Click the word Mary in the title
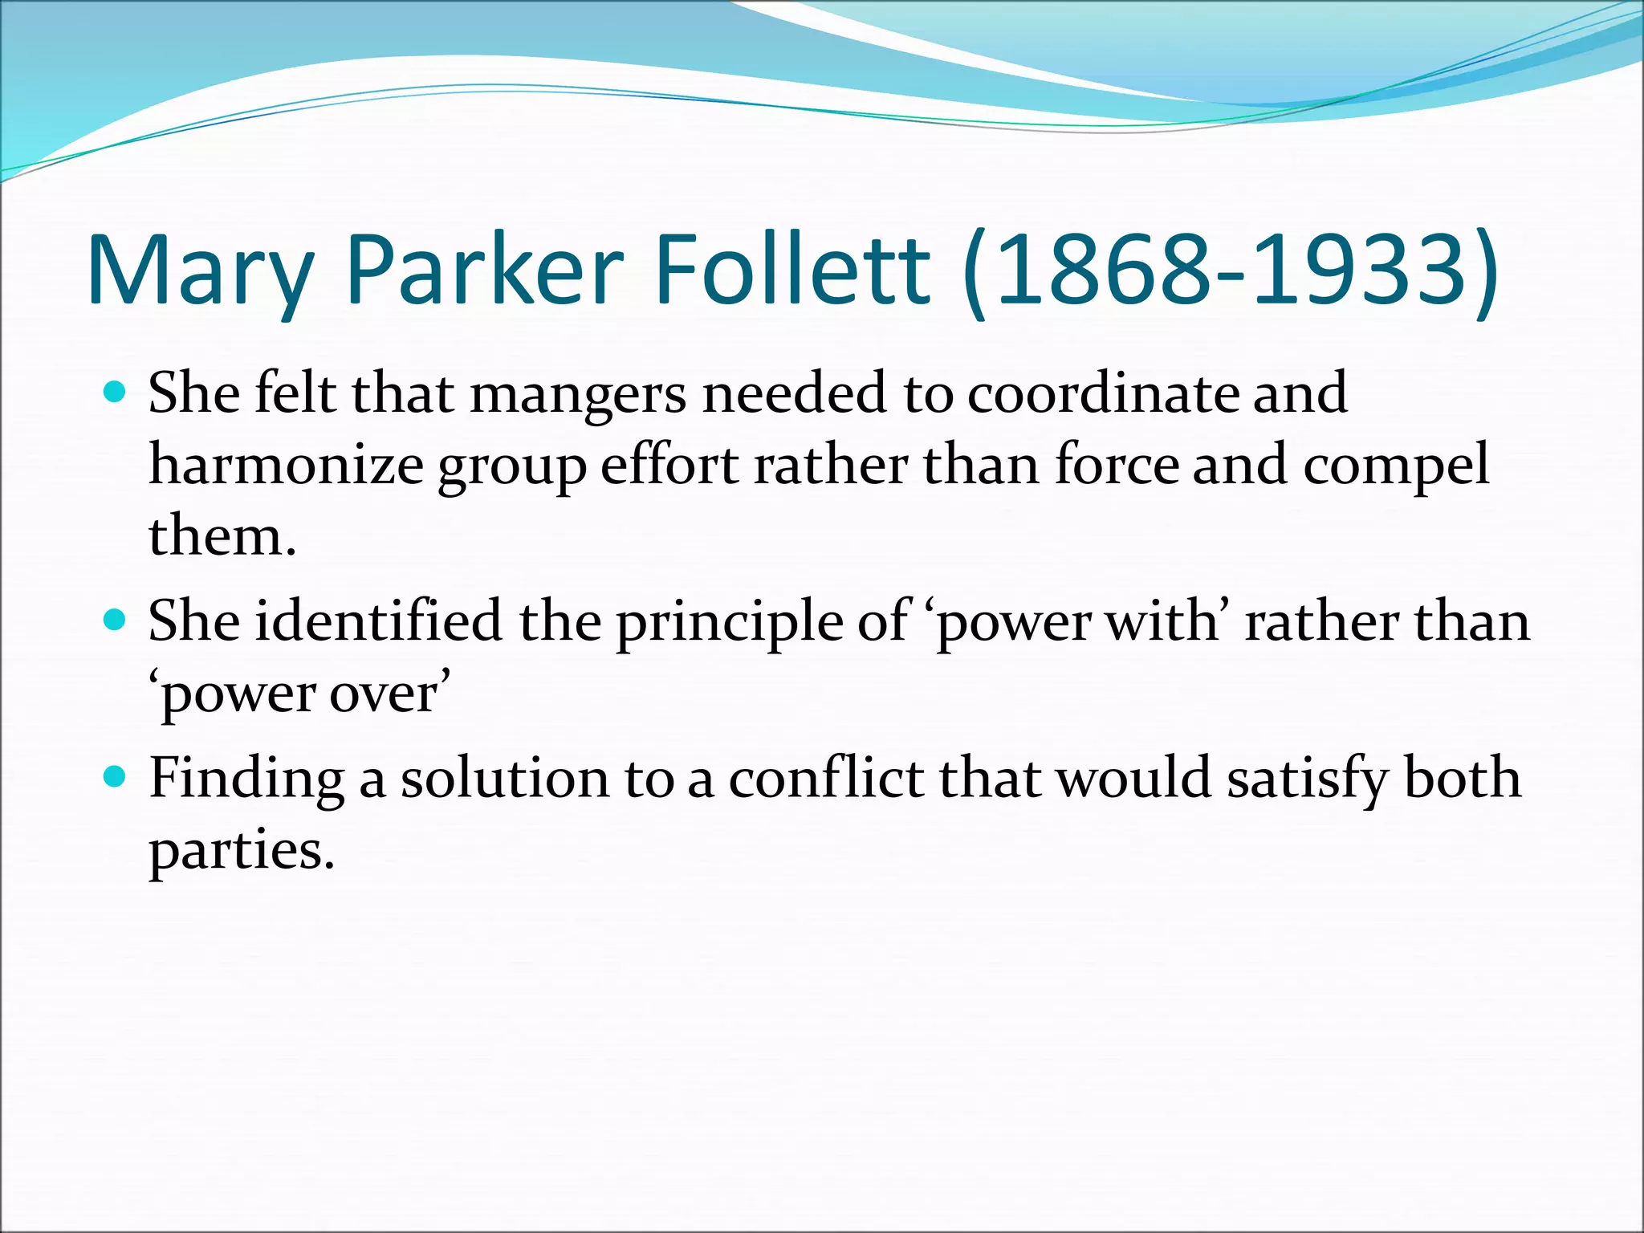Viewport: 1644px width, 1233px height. (x=199, y=271)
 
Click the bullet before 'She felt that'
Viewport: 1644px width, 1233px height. (x=116, y=393)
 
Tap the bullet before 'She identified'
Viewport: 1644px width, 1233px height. (x=116, y=621)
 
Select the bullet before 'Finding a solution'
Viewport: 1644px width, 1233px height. (x=116, y=777)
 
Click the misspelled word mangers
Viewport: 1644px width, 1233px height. (x=578, y=395)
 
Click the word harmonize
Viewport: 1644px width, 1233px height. (x=286, y=466)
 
